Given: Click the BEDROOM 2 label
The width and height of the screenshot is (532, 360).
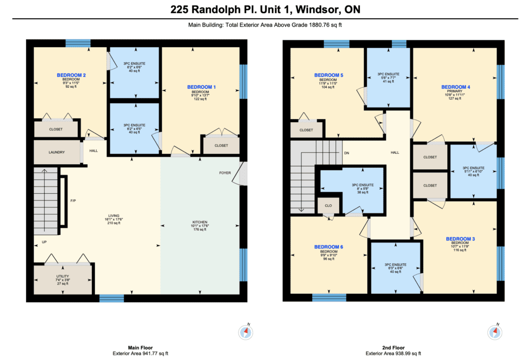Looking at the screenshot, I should click(x=71, y=75).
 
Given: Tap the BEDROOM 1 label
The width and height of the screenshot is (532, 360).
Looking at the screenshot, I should click(x=201, y=87).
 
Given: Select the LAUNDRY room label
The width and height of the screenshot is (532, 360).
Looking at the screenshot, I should click(x=56, y=152).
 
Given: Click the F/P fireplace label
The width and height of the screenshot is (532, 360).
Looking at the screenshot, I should click(x=73, y=201).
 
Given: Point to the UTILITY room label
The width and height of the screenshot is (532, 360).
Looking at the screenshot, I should click(x=62, y=276).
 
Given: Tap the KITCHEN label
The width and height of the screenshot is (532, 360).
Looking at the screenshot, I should click(x=199, y=222).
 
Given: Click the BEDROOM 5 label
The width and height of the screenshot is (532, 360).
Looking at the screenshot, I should click(x=328, y=75).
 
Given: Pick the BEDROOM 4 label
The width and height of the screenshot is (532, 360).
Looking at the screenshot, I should click(x=456, y=87).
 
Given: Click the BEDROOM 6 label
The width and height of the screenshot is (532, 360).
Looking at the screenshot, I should click(x=328, y=247).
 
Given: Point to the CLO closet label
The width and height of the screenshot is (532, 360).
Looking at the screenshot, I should click(x=328, y=205).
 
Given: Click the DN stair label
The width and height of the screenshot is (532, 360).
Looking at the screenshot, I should click(x=347, y=153).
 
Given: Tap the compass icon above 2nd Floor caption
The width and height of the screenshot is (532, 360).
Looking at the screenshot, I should click(x=494, y=332).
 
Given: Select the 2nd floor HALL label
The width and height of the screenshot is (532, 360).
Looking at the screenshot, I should click(x=395, y=153).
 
